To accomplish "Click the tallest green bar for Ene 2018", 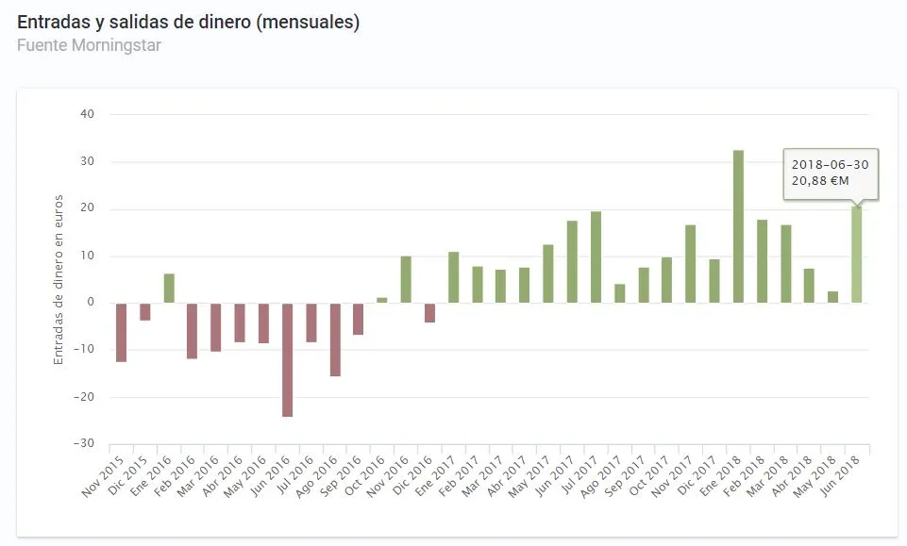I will click(x=738, y=226).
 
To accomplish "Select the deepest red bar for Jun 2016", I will click(x=287, y=359).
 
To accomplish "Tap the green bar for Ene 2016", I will click(x=169, y=289).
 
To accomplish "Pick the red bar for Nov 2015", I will click(x=121, y=332).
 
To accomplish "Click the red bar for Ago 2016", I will click(x=335, y=339).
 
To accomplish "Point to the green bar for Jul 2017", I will click(x=596, y=256).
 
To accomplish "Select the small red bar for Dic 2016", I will click(x=429, y=312).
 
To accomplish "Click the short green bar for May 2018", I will click(x=832, y=297).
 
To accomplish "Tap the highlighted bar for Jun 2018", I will click(x=856, y=255).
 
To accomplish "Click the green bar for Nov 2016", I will click(x=406, y=279).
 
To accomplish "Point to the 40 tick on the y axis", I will click(x=88, y=114).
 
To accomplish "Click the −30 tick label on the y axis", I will click(x=86, y=443).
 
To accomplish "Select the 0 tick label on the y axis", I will click(x=92, y=303).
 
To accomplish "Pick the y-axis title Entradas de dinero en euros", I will click(x=59, y=279).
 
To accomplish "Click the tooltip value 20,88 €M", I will click(x=819, y=181).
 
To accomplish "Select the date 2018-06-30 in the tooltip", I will click(x=831, y=164).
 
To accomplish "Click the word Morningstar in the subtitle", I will click(x=114, y=44).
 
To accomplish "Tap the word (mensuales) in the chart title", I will click(x=307, y=22).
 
